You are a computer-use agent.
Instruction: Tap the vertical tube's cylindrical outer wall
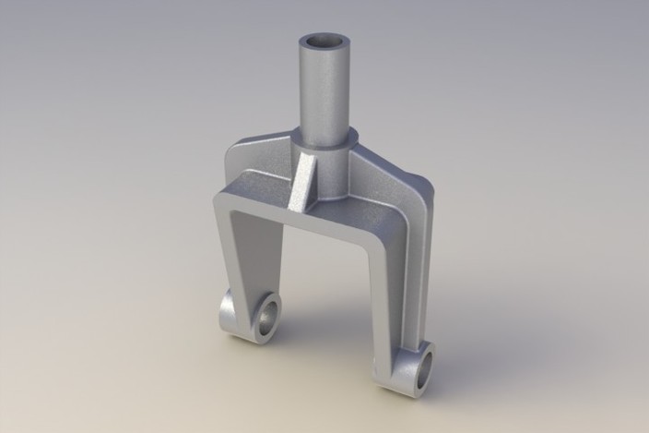coord(324,92)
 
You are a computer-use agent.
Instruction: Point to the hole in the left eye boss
coord(267,317)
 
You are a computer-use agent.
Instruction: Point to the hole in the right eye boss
coord(425,370)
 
